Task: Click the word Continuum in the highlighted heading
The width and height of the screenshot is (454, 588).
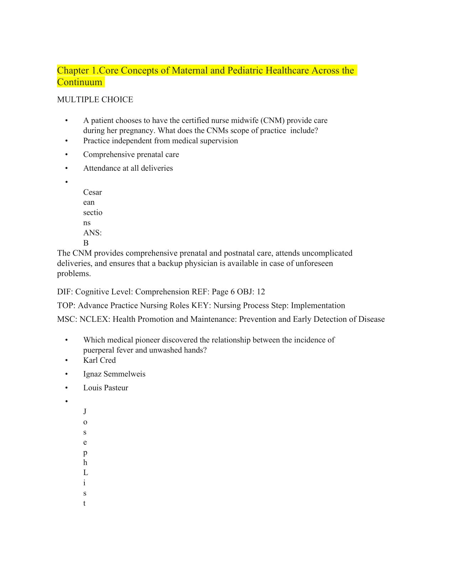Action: point(79,82)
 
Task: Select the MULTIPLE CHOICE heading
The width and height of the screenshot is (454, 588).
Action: point(95,100)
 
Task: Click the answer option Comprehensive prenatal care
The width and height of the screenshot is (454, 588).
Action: point(131,155)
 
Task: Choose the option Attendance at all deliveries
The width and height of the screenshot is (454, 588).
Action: point(128,168)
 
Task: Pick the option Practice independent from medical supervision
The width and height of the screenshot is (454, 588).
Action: point(160,141)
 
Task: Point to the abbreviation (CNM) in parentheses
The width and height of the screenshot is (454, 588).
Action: point(272,120)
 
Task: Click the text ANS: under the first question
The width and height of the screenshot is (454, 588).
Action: point(93,233)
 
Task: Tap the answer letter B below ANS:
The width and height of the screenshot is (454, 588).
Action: point(86,243)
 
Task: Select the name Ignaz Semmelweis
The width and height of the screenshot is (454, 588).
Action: point(114,374)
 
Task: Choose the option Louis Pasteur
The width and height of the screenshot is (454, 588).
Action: point(105,388)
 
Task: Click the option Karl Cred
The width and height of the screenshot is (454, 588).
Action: point(99,360)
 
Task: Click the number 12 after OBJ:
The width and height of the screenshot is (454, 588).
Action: point(261,292)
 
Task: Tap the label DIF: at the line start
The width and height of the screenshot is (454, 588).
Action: point(65,292)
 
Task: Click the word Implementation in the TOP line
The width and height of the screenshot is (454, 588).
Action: point(318,306)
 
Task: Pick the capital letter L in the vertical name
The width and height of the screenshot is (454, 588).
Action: point(85,473)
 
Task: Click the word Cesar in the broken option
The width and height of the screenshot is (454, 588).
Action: point(93,192)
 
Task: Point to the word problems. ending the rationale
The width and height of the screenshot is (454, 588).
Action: point(74,274)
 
